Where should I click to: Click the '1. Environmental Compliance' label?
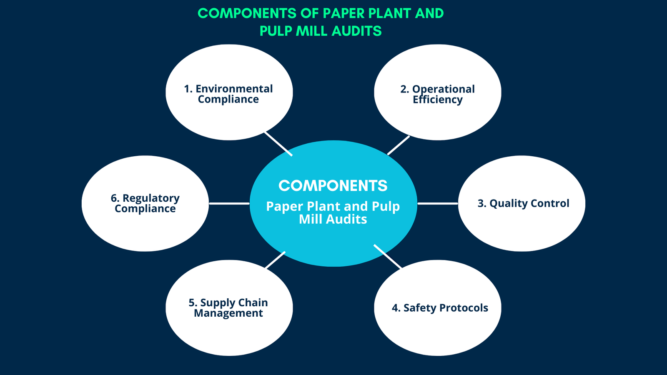point(228,94)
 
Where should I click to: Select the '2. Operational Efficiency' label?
point(438,95)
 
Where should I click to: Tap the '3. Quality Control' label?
point(523,203)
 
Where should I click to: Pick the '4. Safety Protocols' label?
point(440,308)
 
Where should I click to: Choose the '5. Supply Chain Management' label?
point(228,308)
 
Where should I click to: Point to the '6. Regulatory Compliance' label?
point(145,203)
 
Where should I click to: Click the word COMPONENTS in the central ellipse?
point(333,186)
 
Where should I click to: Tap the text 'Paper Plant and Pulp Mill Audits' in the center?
point(333,212)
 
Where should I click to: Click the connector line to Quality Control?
point(438,203)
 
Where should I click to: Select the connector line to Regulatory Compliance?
point(229,203)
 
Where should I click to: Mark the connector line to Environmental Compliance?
point(278,144)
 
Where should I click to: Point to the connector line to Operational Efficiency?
point(399,145)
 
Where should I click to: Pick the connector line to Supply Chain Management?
point(275,260)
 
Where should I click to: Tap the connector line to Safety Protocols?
point(388,257)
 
